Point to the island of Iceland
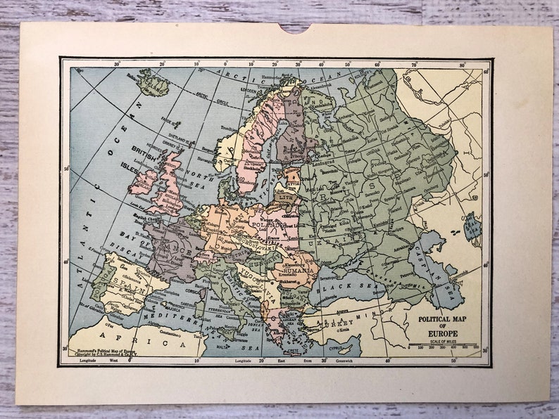pos(154,84)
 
